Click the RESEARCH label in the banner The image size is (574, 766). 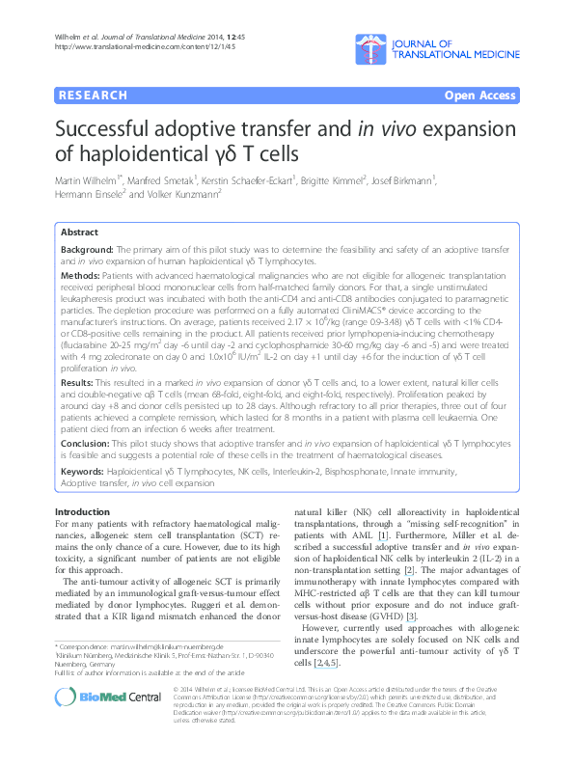pos(93,96)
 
